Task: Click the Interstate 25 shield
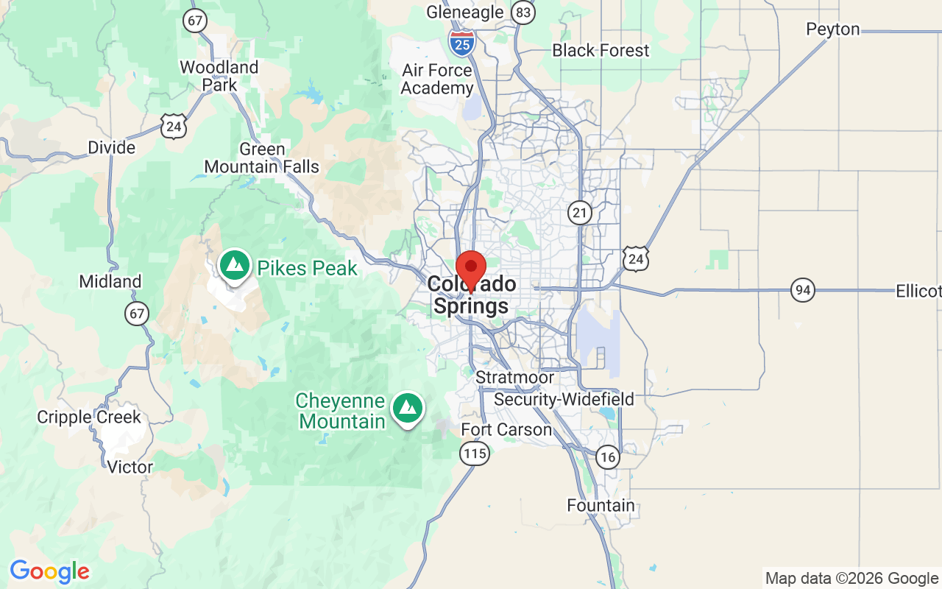pyautogui.click(x=461, y=43)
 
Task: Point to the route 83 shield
pyautogui.click(x=523, y=13)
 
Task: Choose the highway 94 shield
pyautogui.click(x=803, y=290)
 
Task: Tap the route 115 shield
pyautogui.click(x=475, y=454)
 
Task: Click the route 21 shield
pyautogui.click(x=580, y=214)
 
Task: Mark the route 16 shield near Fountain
pyautogui.click(x=607, y=457)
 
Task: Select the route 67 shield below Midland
pyautogui.click(x=136, y=314)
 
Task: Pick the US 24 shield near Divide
pyautogui.click(x=174, y=127)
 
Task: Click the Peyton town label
pyautogui.click(x=832, y=29)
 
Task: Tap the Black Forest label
pyautogui.click(x=601, y=51)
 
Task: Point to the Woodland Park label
pyautogui.click(x=219, y=76)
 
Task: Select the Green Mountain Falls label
pyautogui.click(x=262, y=158)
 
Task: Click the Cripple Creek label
pyautogui.click(x=89, y=417)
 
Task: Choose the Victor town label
pyautogui.click(x=130, y=467)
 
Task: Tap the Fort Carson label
pyautogui.click(x=506, y=429)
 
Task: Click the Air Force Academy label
pyautogui.click(x=437, y=80)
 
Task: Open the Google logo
pyautogui.click(x=49, y=571)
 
